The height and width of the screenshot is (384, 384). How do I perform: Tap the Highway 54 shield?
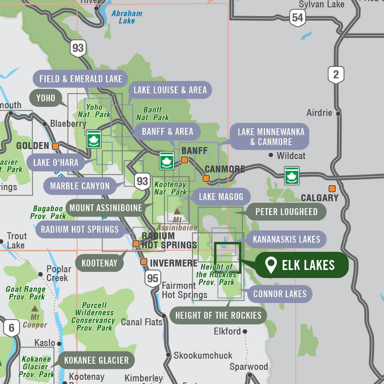tap(297, 18)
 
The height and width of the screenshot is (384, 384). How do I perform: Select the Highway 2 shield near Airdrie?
tap(336, 74)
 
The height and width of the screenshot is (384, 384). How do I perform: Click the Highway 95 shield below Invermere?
tap(152, 278)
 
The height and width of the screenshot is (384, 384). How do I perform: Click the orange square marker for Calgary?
tap(332, 189)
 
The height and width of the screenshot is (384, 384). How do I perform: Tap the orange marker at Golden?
tap(56, 146)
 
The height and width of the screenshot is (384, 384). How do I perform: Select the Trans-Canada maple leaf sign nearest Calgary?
tap(292, 175)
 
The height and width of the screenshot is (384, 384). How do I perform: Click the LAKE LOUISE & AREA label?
tap(170, 90)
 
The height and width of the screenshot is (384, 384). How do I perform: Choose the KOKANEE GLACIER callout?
tap(96, 360)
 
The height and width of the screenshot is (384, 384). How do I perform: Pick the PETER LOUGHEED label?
tap(286, 212)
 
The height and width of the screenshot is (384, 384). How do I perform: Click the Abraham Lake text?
tap(127, 17)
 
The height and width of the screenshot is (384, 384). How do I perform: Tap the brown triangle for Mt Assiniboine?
tap(177, 211)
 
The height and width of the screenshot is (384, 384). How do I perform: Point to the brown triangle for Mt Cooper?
tap(35, 308)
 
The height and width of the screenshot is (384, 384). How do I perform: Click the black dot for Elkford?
tap(245, 331)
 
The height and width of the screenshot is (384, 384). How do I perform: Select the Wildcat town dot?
tap(271, 155)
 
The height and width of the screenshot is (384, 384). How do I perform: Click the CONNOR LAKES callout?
tap(280, 294)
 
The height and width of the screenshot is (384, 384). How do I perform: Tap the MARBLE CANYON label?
tap(80, 186)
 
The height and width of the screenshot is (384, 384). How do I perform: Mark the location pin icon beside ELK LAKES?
tap(271, 265)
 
